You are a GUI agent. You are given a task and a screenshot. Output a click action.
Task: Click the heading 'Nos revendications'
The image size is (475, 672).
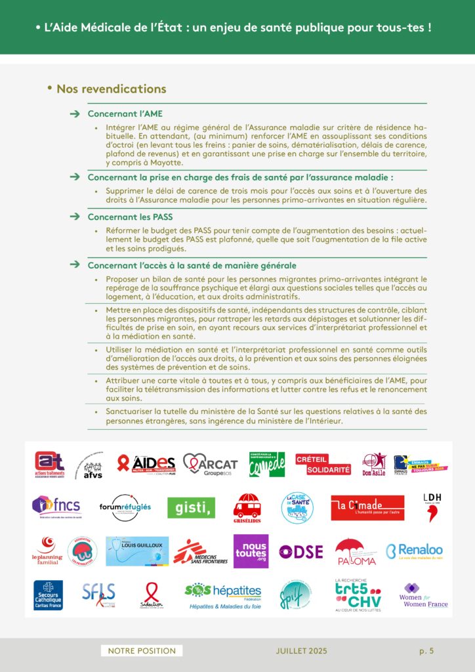111,89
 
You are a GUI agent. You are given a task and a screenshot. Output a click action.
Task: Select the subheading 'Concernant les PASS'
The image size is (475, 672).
130,217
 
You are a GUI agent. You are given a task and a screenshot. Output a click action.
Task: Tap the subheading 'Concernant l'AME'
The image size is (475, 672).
125,114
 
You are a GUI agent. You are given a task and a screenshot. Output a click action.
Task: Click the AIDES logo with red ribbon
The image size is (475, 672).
146,465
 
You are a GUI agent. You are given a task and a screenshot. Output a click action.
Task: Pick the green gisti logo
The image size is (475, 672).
191,507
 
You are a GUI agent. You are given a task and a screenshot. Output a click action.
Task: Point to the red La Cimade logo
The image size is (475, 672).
367,507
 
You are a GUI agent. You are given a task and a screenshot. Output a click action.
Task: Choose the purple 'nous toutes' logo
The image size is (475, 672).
251,551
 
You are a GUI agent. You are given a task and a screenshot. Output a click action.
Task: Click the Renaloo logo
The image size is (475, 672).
414,551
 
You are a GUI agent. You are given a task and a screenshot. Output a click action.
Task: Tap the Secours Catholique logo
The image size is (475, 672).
49,595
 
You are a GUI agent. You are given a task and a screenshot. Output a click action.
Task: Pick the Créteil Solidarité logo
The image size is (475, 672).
323,464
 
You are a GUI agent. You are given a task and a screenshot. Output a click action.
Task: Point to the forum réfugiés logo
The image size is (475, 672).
125,507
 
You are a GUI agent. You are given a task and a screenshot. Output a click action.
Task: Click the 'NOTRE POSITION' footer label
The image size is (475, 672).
142,650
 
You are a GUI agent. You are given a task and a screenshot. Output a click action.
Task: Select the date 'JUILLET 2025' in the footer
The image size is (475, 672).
301,650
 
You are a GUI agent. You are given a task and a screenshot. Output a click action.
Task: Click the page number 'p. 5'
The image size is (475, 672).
426,650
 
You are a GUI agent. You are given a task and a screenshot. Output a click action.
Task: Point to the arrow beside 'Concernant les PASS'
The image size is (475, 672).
74,217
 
